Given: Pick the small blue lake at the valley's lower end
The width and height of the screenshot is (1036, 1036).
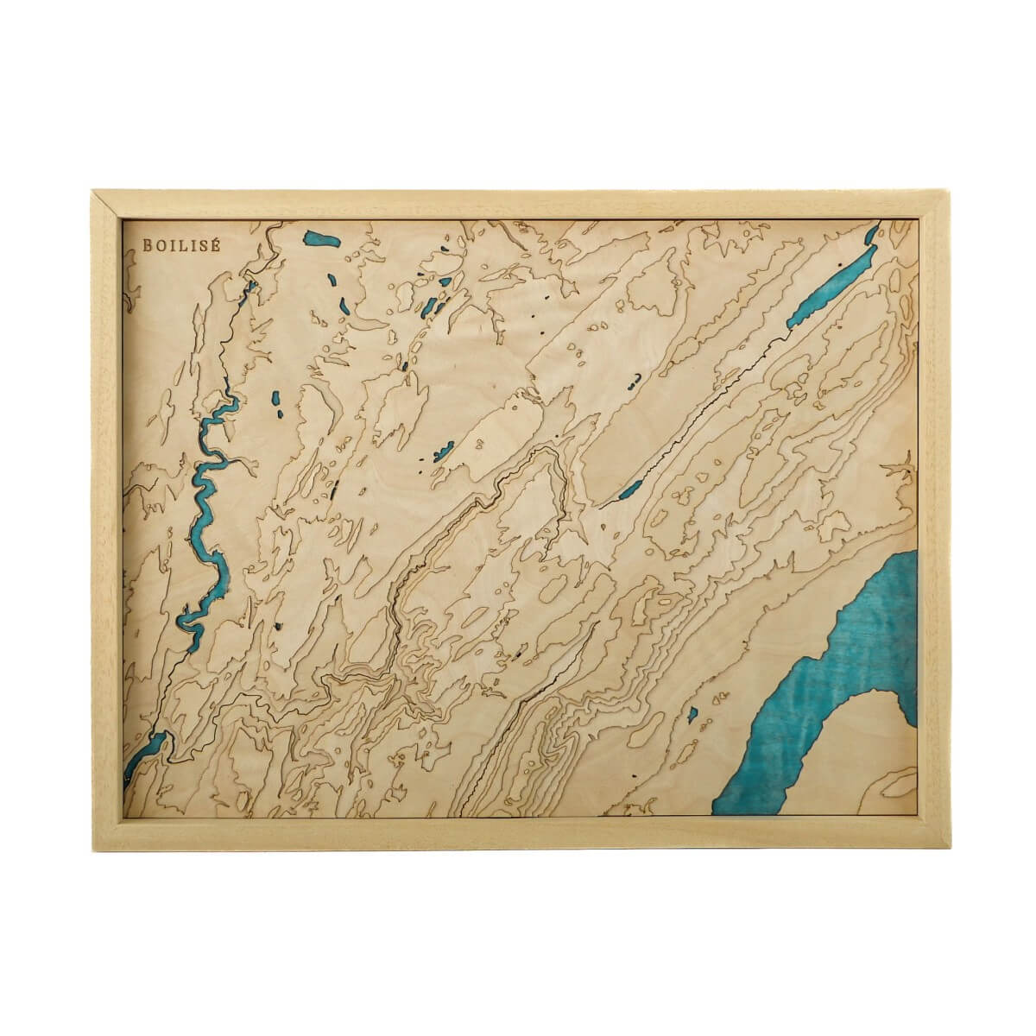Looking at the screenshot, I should pos(629,491).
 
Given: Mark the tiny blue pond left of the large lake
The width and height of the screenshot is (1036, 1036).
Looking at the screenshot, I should pos(692,714).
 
